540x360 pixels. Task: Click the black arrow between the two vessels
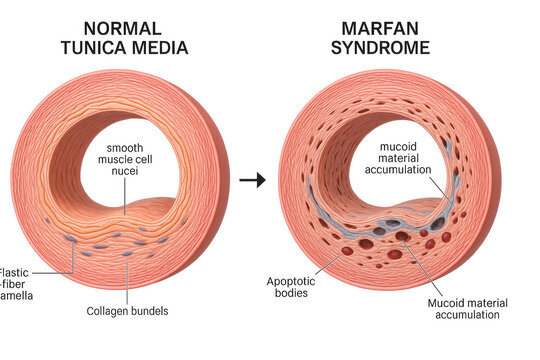click(x=254, y=181)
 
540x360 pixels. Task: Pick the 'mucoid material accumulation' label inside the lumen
click(x=405, y=159)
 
